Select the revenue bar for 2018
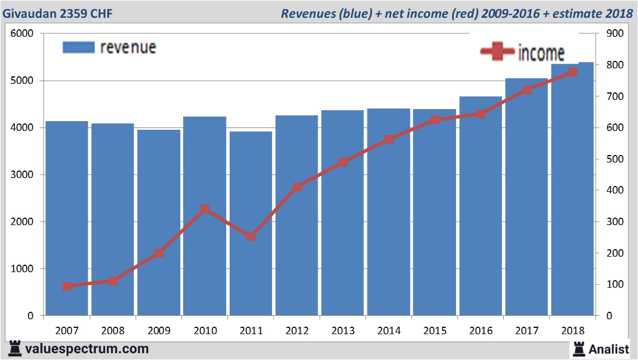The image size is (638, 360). pyautogui.click(x=573, y=189)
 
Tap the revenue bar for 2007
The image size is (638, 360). pyautogui.click(x=67, y=218)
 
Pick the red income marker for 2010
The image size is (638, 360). pyautogui.click(x=205, y=209)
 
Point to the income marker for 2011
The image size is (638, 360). pyautogui.click(x=251, y=236)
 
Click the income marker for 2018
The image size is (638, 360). pyautogui.click(x=573, y=72)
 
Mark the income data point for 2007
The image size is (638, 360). pyautogui.click(x=67, y=286)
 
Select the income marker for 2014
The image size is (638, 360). pyautogui.click(x=389, y=139)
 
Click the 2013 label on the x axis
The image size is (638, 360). pyautogui.click(x=343, y=331)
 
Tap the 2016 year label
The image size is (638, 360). pyautogui.click(x=481, y=331)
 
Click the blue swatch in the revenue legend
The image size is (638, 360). pyautogui.click(x=78, y=48)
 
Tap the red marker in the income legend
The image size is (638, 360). pyautogui.click(x=497, y=52)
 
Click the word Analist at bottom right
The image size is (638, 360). pyautogui.click(x=609, y=348)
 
